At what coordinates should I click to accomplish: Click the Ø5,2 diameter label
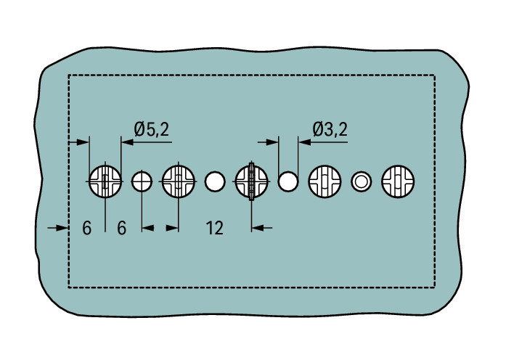[x=151, y=130]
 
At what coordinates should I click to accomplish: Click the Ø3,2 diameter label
[x=330, y=130]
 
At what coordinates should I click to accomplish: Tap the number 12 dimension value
[x=215, y=229]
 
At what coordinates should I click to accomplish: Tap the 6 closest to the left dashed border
[x=87, y=229]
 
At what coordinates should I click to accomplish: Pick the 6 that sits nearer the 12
[x=122, y=229]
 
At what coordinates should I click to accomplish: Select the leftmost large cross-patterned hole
[x=105, y=181]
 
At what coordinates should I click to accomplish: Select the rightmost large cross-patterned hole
[x=398, y=181]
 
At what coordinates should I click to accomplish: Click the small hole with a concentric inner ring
[x=361, y=181]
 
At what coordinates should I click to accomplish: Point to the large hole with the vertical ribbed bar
[x=251, y=181]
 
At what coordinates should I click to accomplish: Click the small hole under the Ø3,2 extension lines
[x=288, y=181]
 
